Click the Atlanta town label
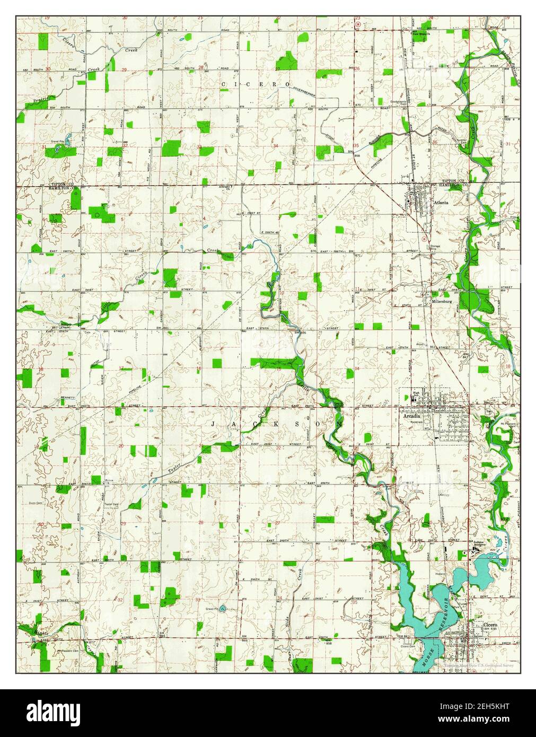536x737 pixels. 441,203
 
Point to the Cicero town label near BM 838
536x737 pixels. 490,626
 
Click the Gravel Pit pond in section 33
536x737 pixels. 222,608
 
